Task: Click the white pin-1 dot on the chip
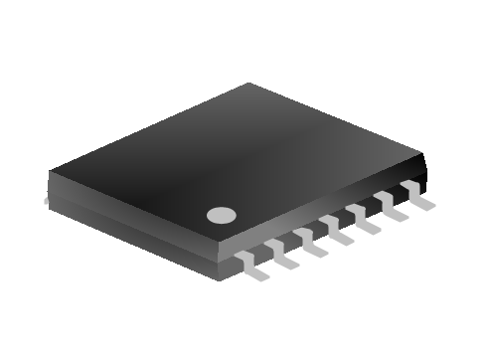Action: tap(221, 214)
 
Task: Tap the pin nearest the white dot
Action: tap(250, 263)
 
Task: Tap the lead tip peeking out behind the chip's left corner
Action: tap(46, 201)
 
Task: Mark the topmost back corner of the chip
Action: tap(248, 85)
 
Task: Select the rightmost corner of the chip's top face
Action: tap(425, 157)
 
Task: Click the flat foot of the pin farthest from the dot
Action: tap(424, 205)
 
